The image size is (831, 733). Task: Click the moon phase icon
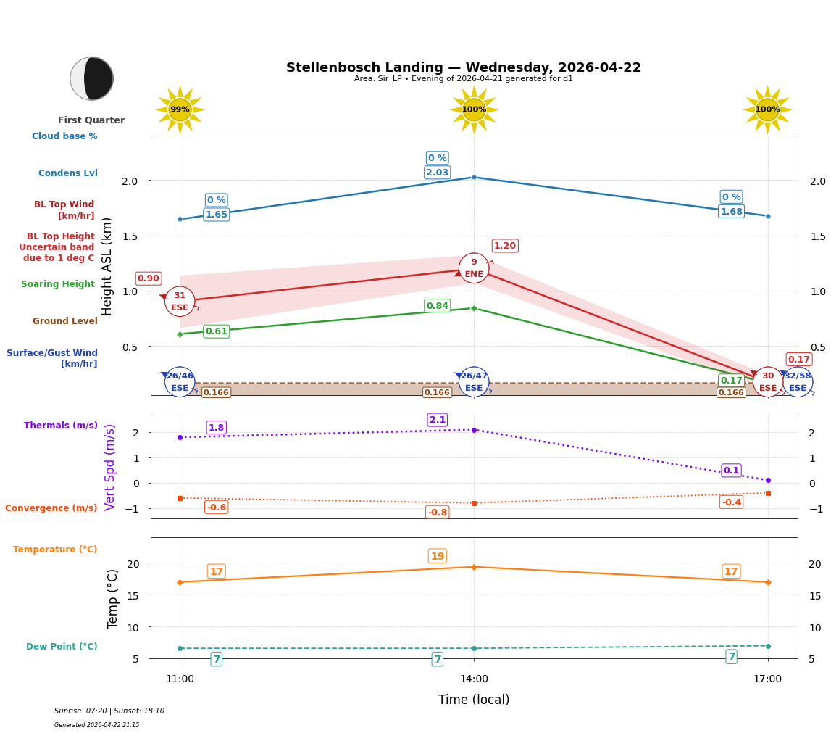tap(92, 78)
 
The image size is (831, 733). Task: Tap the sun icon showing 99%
tap(180, 109)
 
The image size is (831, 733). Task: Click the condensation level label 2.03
tap(437, 173)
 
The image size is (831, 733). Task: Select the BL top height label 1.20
tap(505, 246)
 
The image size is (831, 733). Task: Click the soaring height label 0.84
tap(437, 306)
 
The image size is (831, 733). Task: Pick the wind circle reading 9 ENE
tap(474, 268)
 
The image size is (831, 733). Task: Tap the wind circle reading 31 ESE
tap(180, 301)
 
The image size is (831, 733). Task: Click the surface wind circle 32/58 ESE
tap(797, 381)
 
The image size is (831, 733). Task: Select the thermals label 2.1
tap(438, 420)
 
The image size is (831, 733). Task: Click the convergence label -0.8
tap(438, 513)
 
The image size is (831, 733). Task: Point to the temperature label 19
tap(438, 556)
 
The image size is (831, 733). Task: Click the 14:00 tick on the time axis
tap(474, 679)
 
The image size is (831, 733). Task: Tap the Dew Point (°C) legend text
tap(62, 647)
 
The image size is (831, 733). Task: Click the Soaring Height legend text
tap(58, 284)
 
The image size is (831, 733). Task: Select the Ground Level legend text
tap(65, 321)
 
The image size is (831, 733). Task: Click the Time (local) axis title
tap(474, 700)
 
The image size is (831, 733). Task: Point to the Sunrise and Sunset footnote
tap(109, 711)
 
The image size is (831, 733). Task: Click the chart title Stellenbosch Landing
tap(463, 67)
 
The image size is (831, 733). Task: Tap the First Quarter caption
tap(91, 120)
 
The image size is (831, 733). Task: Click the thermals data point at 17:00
tap(768, 480)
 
